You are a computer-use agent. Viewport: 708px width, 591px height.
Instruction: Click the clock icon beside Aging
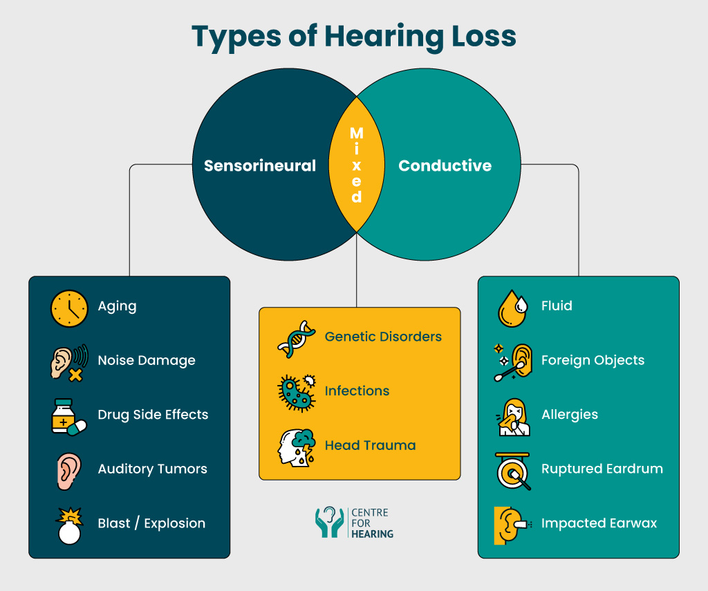(x=69, y=308)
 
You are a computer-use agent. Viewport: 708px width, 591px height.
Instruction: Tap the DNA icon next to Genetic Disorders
(x=296, y=338)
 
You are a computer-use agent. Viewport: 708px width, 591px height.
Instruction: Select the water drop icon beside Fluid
(x=513, y=308)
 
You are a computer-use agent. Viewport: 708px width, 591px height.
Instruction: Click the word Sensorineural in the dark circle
(x=259, y=166)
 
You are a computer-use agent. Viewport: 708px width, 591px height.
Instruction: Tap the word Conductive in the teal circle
(x=445, y=166)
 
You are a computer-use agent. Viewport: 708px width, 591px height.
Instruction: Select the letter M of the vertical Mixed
(x=356, y=132)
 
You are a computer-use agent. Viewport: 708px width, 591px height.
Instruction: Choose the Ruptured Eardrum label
(x=602, y=469)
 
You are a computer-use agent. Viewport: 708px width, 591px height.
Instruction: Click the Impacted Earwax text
(x=599, y=523)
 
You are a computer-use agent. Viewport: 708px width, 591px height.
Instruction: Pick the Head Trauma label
(x=370, y=445)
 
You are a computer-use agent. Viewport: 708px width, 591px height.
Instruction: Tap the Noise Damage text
(x=147, y=361)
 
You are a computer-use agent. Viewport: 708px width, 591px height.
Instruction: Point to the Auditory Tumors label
(x=152, y=469)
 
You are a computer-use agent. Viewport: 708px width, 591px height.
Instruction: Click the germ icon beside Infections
(x=296, y=392)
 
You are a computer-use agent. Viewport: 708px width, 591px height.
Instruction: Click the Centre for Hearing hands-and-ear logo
(x=329, y=523)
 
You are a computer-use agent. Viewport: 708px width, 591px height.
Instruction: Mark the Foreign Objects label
(x=593, y=361)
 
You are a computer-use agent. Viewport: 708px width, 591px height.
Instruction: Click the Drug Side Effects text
(x=153, y=415)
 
